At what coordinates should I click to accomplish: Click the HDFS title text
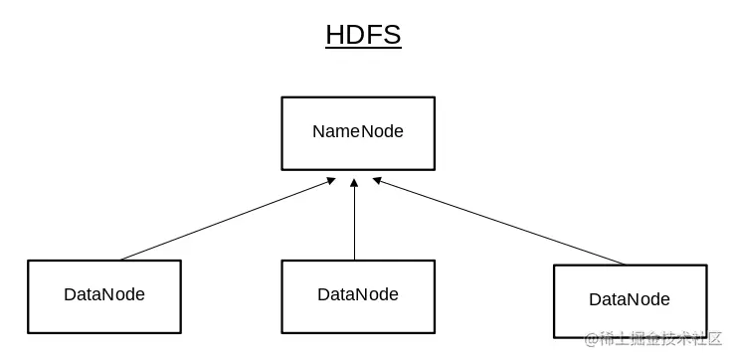(x=363, y=35)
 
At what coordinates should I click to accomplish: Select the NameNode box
(x=358, y=132)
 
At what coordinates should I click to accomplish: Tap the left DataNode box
(x=104, y=295)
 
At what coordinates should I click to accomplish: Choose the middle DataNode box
(x=358, y=295)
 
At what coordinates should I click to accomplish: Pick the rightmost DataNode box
(x=630, y=300)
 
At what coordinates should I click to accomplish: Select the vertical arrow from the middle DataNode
(x=355, y=224)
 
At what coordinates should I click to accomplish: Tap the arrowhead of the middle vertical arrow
(x=355, y=182)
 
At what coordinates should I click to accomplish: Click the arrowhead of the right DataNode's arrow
(x=378, y=181)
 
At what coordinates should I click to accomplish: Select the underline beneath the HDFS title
(x=363, y=48)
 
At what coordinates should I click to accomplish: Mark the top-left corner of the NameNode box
(x=282, y=97)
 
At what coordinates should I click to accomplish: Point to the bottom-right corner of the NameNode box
(x=434, y=168)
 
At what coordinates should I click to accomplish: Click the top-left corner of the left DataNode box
(x=29, y=262)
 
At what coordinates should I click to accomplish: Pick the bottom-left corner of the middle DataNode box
(x=282, y=331)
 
